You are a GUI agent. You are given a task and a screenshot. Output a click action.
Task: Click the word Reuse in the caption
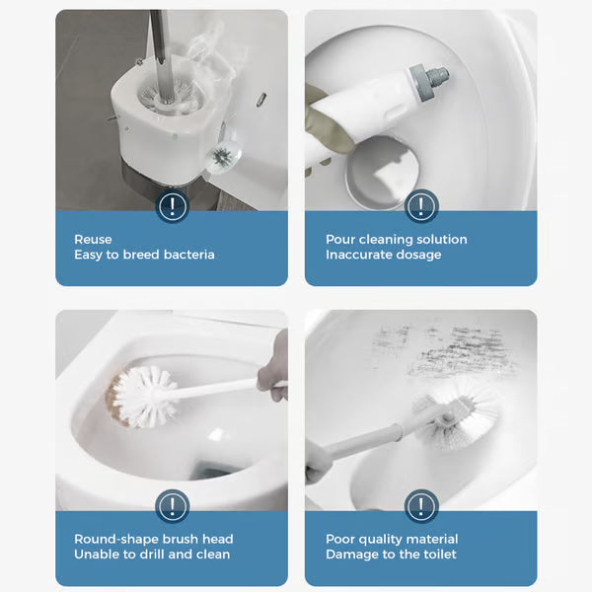tap(93, 239)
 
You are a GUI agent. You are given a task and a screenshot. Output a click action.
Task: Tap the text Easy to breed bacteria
tap(144, 255)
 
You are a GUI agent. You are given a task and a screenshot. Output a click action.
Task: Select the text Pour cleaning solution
tap(396, 239)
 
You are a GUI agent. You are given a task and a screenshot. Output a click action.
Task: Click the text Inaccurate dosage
tap(383, 255)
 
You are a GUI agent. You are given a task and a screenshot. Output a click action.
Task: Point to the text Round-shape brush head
tap(153, 539)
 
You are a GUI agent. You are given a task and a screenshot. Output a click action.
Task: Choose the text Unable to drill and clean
tap(152, 555)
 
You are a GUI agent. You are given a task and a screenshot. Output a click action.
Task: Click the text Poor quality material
tap(392, 539)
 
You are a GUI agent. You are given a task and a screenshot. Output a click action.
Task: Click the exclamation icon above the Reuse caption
tap(173, 206)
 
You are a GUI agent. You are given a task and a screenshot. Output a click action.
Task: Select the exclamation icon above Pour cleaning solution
tap(421, 206)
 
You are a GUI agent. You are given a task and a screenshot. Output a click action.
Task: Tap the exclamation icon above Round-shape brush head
tap(173, 507)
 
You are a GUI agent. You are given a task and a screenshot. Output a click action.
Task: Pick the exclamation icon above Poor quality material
tap(421, 507)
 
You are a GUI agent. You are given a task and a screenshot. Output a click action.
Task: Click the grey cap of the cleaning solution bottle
tap(430, 75)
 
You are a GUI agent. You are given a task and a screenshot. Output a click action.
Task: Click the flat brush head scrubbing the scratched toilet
tap(459, 406)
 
